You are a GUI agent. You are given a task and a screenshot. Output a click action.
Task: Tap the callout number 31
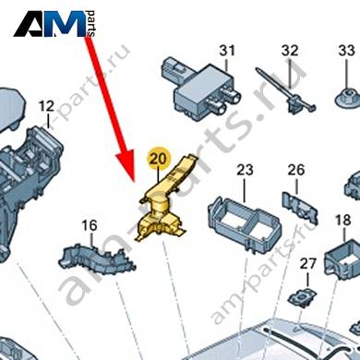pos(227,51)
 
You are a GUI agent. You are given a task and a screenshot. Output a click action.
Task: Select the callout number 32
pos(290,51)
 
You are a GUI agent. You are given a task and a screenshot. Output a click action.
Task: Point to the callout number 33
pos(346,51)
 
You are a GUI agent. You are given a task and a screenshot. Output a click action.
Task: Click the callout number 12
pos(47,106)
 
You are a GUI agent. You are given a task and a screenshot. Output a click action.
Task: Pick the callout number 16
pos(90,225)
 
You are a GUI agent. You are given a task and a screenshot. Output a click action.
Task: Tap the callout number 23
pos(245,170)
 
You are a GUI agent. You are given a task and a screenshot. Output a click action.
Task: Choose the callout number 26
pos(296,170)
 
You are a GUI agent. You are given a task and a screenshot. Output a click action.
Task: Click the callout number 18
pos(342,221)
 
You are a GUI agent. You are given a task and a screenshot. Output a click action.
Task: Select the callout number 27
pos(308,264)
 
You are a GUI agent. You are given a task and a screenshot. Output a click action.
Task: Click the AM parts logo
pos(54,24)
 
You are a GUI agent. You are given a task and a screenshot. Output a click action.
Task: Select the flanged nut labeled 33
pos(347,97)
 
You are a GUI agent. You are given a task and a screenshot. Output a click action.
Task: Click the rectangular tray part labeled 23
pos(245,223)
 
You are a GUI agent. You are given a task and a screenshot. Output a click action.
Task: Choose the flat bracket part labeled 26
pos(300,206)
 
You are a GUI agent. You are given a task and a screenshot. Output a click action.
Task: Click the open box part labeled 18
pos(342,260)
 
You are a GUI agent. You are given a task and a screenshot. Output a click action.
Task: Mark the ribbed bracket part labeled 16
pos(97,259)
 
